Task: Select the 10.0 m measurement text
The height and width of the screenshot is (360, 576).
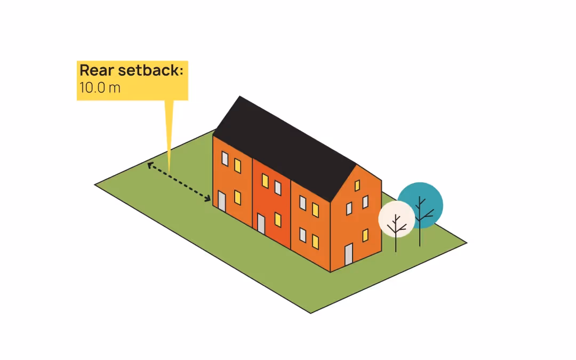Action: click(x=100, y=87)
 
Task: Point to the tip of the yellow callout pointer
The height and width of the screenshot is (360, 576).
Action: click(x=170, y=170)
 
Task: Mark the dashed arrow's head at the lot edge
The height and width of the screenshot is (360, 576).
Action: click(x=149, y=165)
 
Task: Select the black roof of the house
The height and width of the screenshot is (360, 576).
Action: click(x=283, y=141)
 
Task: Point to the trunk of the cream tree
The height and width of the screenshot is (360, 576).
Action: click(x=396, y=243)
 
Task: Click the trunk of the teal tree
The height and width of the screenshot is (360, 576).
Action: click(x=420, y=237)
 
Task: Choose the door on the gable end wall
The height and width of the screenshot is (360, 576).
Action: click(x=348, y=254)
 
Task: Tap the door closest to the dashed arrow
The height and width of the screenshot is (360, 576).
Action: click(x=221, y=200)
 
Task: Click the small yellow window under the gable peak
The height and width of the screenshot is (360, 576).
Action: click(x=357, y=186)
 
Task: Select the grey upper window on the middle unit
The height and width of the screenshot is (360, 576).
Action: click(x=278, y=188)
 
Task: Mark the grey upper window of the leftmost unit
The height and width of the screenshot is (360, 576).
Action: click(x=225, y=158)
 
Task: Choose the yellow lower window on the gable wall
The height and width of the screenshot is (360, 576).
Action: click(x=365, y=235)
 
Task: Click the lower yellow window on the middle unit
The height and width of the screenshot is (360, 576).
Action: click(x=278, y=219)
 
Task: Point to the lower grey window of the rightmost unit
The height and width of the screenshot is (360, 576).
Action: click(x=302, y=235)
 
